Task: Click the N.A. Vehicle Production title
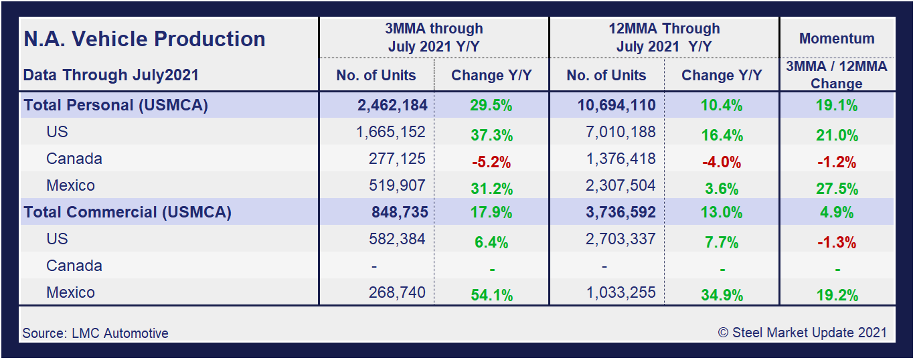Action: click(145, 39)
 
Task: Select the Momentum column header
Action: click(837, 39)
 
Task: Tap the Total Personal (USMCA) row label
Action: click(116, 105)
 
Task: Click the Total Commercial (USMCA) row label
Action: click(127, 212)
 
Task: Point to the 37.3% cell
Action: click(491, 135)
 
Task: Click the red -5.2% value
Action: click(491, 162)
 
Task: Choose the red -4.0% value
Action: click(722, 162)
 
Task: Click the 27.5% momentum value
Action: click(837, 189)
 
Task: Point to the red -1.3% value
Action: click(837, 242)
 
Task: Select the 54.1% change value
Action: click(491, 296)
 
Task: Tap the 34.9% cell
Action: click(722, 296)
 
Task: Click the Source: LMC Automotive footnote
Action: click(96, 333)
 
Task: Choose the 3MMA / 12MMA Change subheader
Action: click(837, 75)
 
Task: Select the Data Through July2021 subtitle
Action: click(111, 75)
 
